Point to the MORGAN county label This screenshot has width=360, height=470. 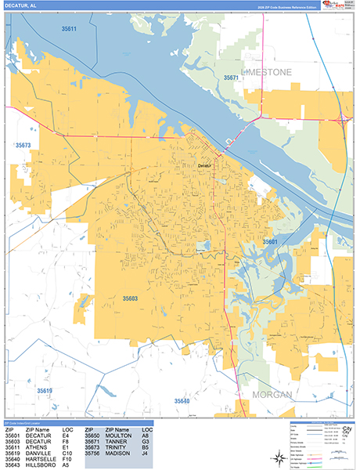[272, 394]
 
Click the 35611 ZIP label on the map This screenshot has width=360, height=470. [69, 29]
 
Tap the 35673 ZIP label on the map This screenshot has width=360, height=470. [23, 145]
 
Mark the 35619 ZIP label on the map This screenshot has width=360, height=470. [44, 390]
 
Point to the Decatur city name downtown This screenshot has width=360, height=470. [204, 165]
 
